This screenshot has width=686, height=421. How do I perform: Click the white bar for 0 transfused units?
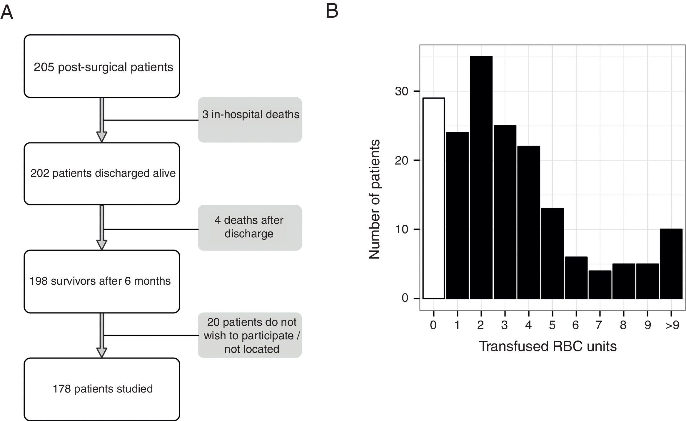point(433,198)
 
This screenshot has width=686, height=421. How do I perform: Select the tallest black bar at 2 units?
point(481,177)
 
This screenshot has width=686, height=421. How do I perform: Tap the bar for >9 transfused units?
point(671,264)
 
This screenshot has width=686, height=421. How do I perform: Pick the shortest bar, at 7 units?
point(600,285)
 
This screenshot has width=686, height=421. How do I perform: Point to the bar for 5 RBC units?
point(552,254)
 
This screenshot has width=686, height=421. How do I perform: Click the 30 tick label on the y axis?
point(402,91)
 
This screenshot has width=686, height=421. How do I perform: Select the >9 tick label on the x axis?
point(672,325)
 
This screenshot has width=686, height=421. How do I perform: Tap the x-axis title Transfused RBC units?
point(548,346)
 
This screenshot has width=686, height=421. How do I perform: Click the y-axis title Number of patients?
point(375,199)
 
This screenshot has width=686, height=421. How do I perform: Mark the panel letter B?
point(332,11)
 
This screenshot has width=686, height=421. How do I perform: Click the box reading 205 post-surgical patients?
point(102,66)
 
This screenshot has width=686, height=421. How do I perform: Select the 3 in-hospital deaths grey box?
point(250,120)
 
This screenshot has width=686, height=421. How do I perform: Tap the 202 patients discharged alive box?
point(102,174)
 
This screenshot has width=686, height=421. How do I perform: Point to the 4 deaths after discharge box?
point(250,227)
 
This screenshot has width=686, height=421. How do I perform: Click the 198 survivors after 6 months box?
point(102,281)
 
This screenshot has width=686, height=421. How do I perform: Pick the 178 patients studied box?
point(102,389)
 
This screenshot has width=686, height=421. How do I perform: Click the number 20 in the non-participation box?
point(213,322)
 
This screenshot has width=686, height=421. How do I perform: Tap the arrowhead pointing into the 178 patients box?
point(102,353)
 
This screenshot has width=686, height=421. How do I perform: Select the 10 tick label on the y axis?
point(402,229)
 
